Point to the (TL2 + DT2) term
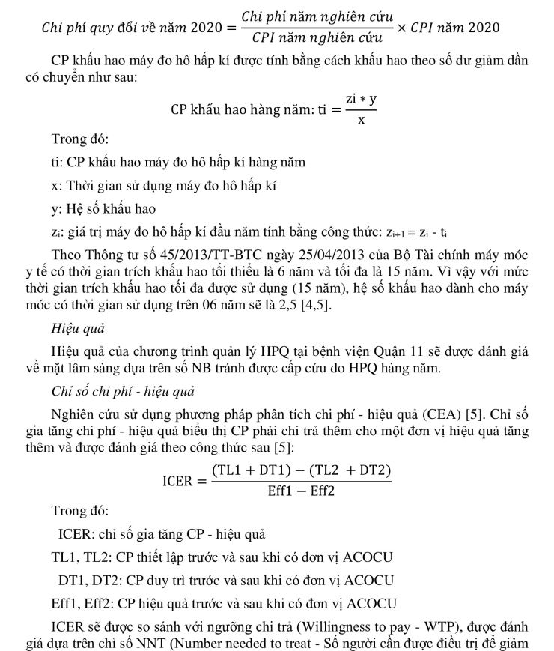point(349,470)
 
